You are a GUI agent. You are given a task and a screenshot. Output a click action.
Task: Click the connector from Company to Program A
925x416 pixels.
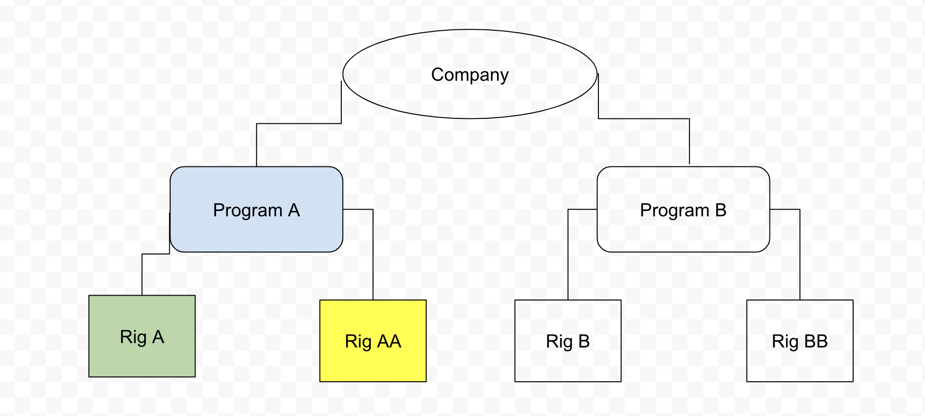(x=298, y=123)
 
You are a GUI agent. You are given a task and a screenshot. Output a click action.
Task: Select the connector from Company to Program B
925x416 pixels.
(x=644, y=118)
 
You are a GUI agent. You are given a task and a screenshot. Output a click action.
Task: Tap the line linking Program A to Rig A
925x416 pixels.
(x=142, y=274)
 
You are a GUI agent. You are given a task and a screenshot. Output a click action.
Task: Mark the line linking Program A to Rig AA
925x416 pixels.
(x=373, y=254)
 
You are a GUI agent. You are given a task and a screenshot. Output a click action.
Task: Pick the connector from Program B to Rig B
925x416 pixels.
(x=568, y=254)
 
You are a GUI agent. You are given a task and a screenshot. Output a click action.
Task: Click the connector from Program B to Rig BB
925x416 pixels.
(x=800, y=254)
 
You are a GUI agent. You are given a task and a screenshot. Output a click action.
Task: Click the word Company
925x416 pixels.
(x=469, y=75)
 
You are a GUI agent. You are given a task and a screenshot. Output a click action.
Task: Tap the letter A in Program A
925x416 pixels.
(x=294, y=210)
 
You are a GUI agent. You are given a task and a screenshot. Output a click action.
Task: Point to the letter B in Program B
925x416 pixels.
(x=721, y=210)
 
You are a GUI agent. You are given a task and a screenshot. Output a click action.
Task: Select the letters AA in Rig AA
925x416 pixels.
(x=389, y=341)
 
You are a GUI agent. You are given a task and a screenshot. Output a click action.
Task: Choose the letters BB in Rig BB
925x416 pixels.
(x=816, y=341)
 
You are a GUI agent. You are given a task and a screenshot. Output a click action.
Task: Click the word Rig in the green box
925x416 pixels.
(x=133, y=337)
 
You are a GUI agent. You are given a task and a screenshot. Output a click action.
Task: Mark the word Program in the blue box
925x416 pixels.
(x=247, y=210)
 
